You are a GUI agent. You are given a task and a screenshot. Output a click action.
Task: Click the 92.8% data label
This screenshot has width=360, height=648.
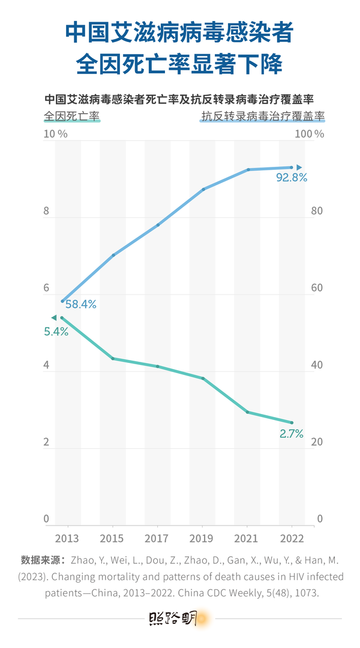[x=292, y=178]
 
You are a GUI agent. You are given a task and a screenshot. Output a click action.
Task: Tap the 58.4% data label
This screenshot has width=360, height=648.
[x=81, y=304]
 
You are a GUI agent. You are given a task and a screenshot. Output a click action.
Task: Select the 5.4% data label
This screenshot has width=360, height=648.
[x=56, y=331]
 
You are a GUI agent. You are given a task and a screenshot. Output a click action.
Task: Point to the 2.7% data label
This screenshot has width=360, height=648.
[x=292, y=433]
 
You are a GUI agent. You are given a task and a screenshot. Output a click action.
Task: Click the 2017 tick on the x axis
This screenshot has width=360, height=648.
[x=157, y=538]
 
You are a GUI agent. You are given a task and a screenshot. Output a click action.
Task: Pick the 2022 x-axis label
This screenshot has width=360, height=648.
[x=292, y=538]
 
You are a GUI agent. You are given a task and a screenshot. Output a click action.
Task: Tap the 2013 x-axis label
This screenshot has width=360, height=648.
[x=67, y=538]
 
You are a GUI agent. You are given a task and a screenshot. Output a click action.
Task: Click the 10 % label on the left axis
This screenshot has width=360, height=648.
[x=55, y=134]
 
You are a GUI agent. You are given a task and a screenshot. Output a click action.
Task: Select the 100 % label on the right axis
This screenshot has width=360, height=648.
[x=311, y=134]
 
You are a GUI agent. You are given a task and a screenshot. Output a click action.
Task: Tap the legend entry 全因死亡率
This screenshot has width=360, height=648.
[x=71, y=116]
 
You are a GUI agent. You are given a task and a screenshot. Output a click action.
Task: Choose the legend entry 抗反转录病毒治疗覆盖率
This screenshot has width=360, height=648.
[x=263, y=116]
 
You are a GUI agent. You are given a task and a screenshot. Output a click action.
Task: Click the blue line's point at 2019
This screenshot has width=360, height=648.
[x=203, y=189]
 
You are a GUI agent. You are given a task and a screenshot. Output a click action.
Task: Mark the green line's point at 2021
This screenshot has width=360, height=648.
[x=248, y=412]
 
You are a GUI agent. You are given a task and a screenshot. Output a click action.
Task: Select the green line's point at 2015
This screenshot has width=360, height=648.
[x=113, y=358]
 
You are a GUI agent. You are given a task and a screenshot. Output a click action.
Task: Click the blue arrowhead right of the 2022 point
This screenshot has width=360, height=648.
[x=299, y=167]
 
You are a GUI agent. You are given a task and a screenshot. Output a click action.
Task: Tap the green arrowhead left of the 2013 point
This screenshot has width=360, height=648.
[x=53, y=317]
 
